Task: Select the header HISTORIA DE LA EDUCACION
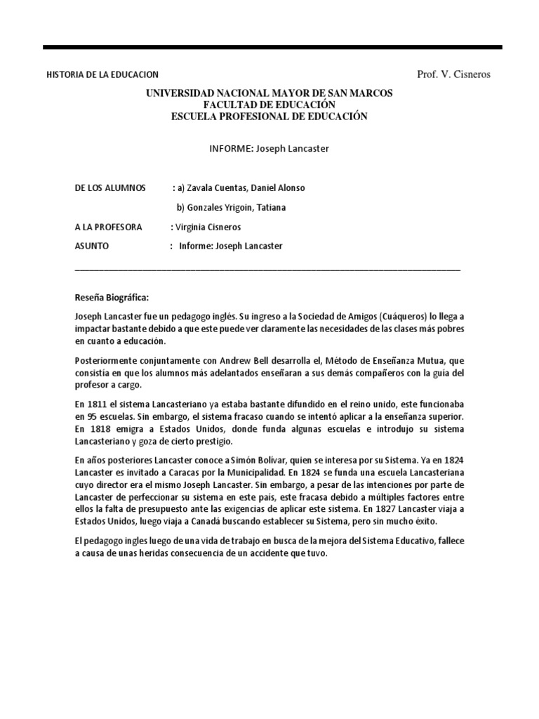tap(102, 74)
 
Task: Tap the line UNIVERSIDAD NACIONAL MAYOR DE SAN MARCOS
tap(269, 93)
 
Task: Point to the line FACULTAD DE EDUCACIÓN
tap(269, 105)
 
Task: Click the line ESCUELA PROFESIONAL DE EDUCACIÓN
tap(269, 117)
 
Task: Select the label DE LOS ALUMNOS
tap(109, 188)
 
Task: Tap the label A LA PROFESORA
tap(108, 227)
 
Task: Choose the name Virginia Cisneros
tap(210, 227)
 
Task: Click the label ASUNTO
tap(91, 246)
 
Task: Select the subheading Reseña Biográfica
tap(112, 298)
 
